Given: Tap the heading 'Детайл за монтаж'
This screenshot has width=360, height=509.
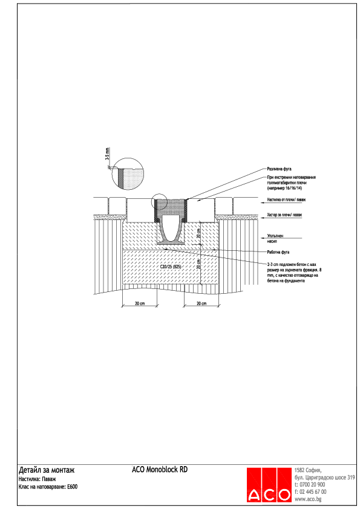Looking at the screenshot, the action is (47, 470).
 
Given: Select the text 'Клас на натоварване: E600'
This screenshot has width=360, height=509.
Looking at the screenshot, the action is (49, 486).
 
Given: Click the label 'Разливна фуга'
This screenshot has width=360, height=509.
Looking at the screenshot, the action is (279, 169).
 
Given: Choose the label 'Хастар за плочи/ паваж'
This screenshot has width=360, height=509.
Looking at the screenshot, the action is (284, 215).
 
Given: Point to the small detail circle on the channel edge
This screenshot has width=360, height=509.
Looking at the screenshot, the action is (161, 204).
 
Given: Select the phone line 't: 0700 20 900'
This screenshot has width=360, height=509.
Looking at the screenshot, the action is (310, 485).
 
